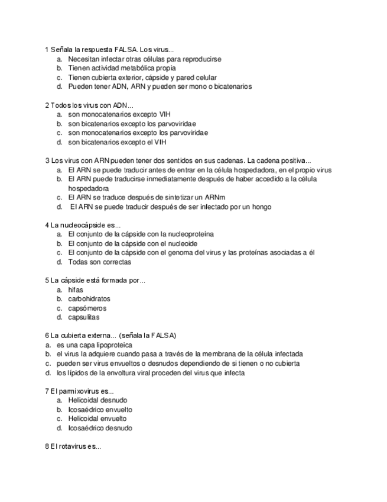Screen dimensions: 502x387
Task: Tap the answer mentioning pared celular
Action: pos(142,77)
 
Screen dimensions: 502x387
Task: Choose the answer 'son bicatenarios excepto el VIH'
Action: pos(117,142)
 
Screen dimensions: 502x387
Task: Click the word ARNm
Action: pos(215,197)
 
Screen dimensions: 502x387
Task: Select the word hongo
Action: pos(261,207)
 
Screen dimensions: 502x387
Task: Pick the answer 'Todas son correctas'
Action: pos(99,262)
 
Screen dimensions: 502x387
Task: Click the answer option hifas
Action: pos(76,289)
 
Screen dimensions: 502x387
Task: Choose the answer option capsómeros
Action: pos(87,308)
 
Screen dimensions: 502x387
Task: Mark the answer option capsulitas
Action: pos(84,317)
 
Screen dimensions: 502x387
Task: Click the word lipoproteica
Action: pos(111,345)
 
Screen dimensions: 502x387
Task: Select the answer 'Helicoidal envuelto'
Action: pos(97,419)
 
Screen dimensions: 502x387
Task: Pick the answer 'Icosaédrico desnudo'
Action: pos(100,427)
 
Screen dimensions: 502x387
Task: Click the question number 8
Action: pos(47,446)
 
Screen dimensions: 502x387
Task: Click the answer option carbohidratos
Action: pos(89,299)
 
